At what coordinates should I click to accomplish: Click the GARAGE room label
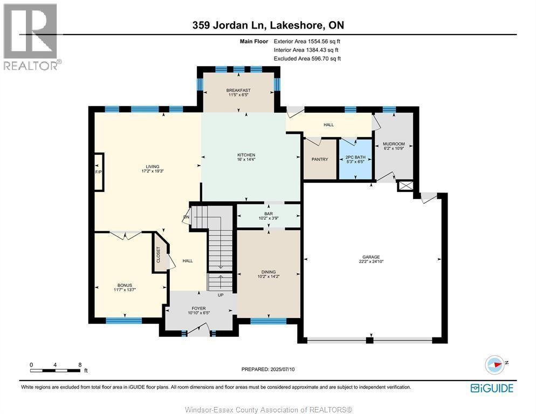(x=371, y=257)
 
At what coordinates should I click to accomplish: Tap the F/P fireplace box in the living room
(x=99, y=172)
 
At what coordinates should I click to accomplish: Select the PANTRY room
(x=320, y=159)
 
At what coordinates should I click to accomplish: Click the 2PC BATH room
(x=355, y=159)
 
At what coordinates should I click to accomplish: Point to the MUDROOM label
(x=394, y=144)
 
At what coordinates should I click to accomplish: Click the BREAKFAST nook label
(x=238, y=90)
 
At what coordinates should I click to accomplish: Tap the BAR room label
(x=269, y=213)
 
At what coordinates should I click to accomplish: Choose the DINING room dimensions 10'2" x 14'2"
(x=269, y=277)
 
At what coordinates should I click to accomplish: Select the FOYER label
(x=198, y=308)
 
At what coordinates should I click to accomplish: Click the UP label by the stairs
(x=221, y=295)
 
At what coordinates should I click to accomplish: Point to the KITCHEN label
(x=246, y=155)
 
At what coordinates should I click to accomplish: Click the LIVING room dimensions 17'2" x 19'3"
(x=153, y=171)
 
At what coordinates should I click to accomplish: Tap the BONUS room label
(x=125, y=285)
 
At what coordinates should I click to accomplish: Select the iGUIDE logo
(x=492, y=388)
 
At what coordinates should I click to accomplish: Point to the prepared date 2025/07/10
(x=283, y=369)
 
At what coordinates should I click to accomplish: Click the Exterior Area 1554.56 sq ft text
(x=307, y=42)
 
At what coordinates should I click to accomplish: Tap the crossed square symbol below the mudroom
(x=406, y=187)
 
